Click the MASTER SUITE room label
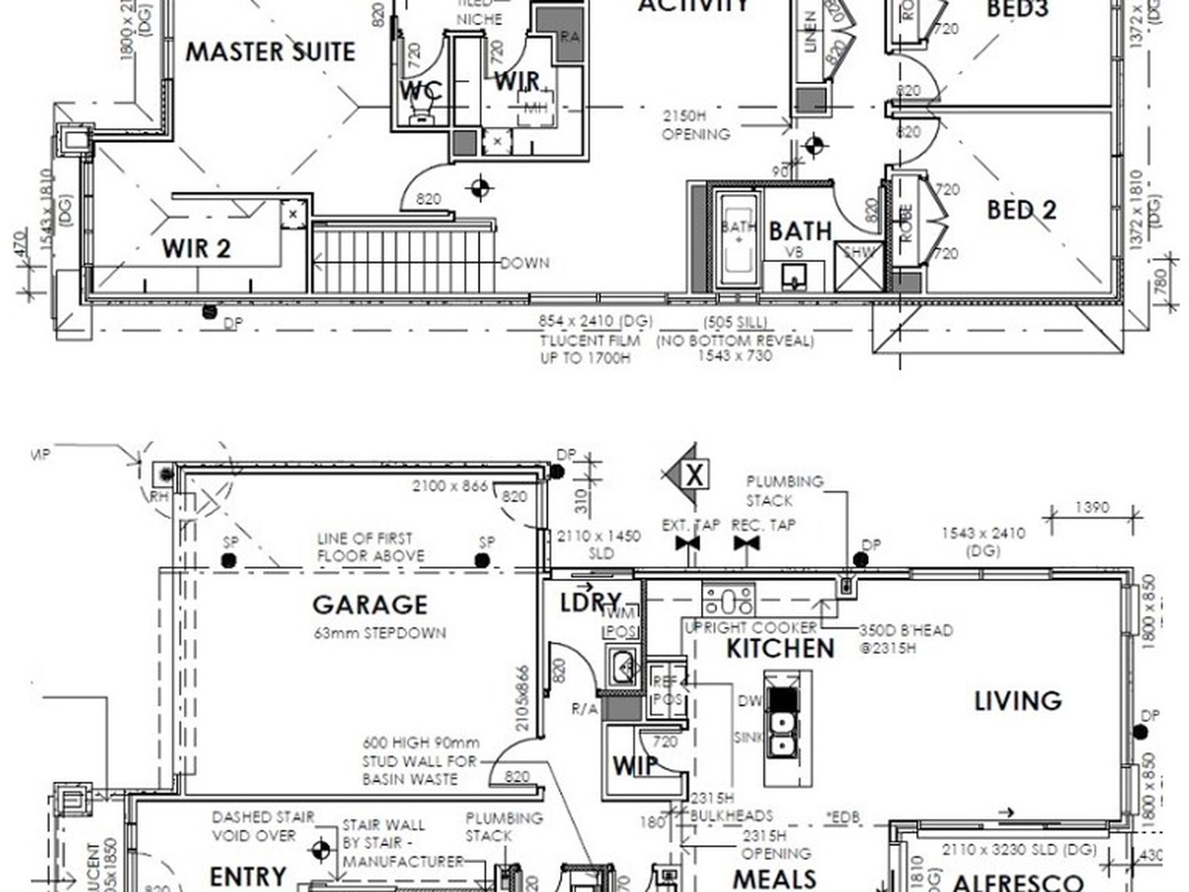(x=270, y=51)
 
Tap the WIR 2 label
(x=196, y=249)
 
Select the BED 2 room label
(x=1021, y=210)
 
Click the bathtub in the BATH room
(x=738, y=240)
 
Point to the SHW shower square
(x=859, y=266)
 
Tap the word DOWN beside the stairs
(x=524, y=263)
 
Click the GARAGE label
(x=370, y=605)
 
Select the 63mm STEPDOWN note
(x=380, y=633)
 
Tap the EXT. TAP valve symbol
(x=688, y=543)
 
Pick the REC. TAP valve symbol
(x=746, y=543)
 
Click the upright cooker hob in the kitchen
(x=728, y=600)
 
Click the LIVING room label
(x=1018, y=700)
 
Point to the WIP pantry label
(x=635, y=765)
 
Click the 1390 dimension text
(x=1091, y=507)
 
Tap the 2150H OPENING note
(x=695, y=125)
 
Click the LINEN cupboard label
(x=810, y=31)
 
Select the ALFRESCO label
(x=1017, y=883)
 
